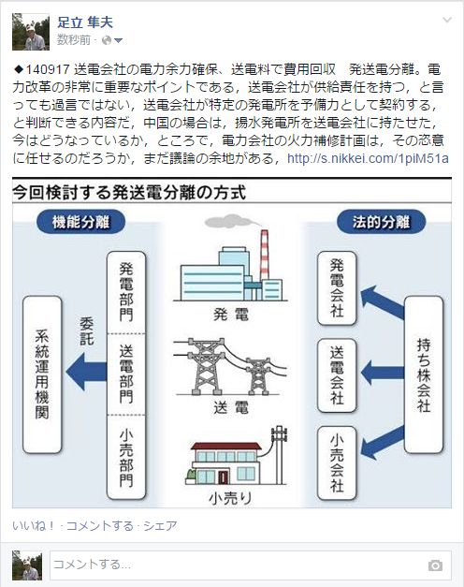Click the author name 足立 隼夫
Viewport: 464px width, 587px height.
click(x=85, y=22)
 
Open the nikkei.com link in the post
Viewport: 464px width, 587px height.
click(x=368, y=158)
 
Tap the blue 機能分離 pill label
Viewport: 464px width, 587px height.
click(x=80, y=222)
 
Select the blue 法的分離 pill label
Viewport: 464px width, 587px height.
click(x=382, y=222)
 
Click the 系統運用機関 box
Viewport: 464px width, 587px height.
click(x=42, y=374)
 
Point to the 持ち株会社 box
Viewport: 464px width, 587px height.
click(x=424, y=374)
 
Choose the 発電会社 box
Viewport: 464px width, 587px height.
click(x=337, y=288)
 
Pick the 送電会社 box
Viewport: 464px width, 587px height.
click(x=337, y=375)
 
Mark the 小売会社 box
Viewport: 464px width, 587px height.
click(x=337, y=463)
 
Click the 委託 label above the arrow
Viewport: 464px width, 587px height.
click(x=87, y=331)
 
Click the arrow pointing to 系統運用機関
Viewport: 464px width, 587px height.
click(x=86, y=372)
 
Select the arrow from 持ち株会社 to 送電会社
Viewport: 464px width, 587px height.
click(x=383, y=373)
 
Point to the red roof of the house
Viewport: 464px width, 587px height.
click(x=225, y=446)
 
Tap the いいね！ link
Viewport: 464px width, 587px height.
click(x=34, y=525)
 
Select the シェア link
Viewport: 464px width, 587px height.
click(x=160, y=525)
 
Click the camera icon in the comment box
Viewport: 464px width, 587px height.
click(x=435, y=565)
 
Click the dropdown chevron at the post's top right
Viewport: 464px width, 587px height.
click(x=447, y=20)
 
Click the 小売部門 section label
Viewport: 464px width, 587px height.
click(x=126, y=458)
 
